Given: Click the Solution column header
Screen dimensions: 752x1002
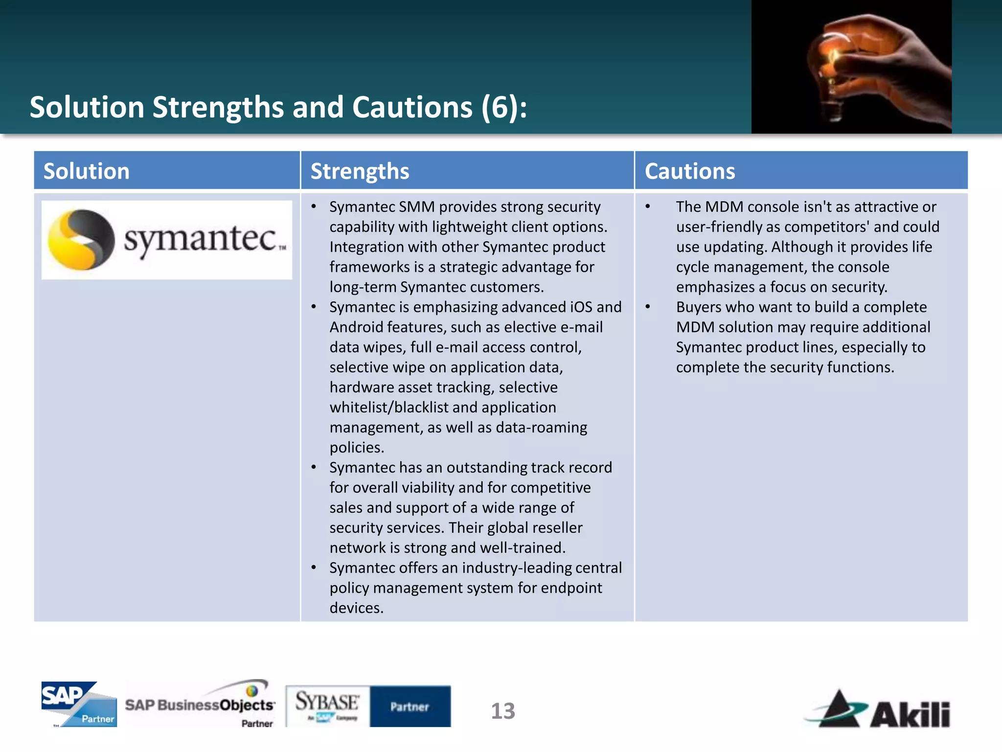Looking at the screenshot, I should pyautogui.click(x=87, y=171).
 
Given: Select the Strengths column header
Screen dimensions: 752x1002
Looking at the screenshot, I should pyautogui.click(x=360, y=171).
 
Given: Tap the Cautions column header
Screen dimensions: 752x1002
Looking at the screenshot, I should pyautogui.click(x=689, y=171).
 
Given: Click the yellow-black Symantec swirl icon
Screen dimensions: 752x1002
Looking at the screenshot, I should pyautogui.click(x=81, y=239).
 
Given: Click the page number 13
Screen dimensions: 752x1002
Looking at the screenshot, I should pyautogui.click(x=502, y=711).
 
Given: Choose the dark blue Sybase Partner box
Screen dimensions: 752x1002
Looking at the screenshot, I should pyautogui.click(x=410, y=706).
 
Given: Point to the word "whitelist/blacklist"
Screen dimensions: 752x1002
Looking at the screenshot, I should pyautogui.click(x=394, y=407).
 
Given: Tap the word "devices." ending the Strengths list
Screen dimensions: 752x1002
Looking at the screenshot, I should pyautogui.click(x=356, y=608).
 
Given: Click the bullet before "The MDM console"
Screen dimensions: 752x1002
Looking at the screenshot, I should pyautogui.click(x=648, y=207).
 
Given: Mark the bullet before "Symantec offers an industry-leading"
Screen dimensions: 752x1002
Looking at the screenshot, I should pyautogui.click(x=314, y=567).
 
